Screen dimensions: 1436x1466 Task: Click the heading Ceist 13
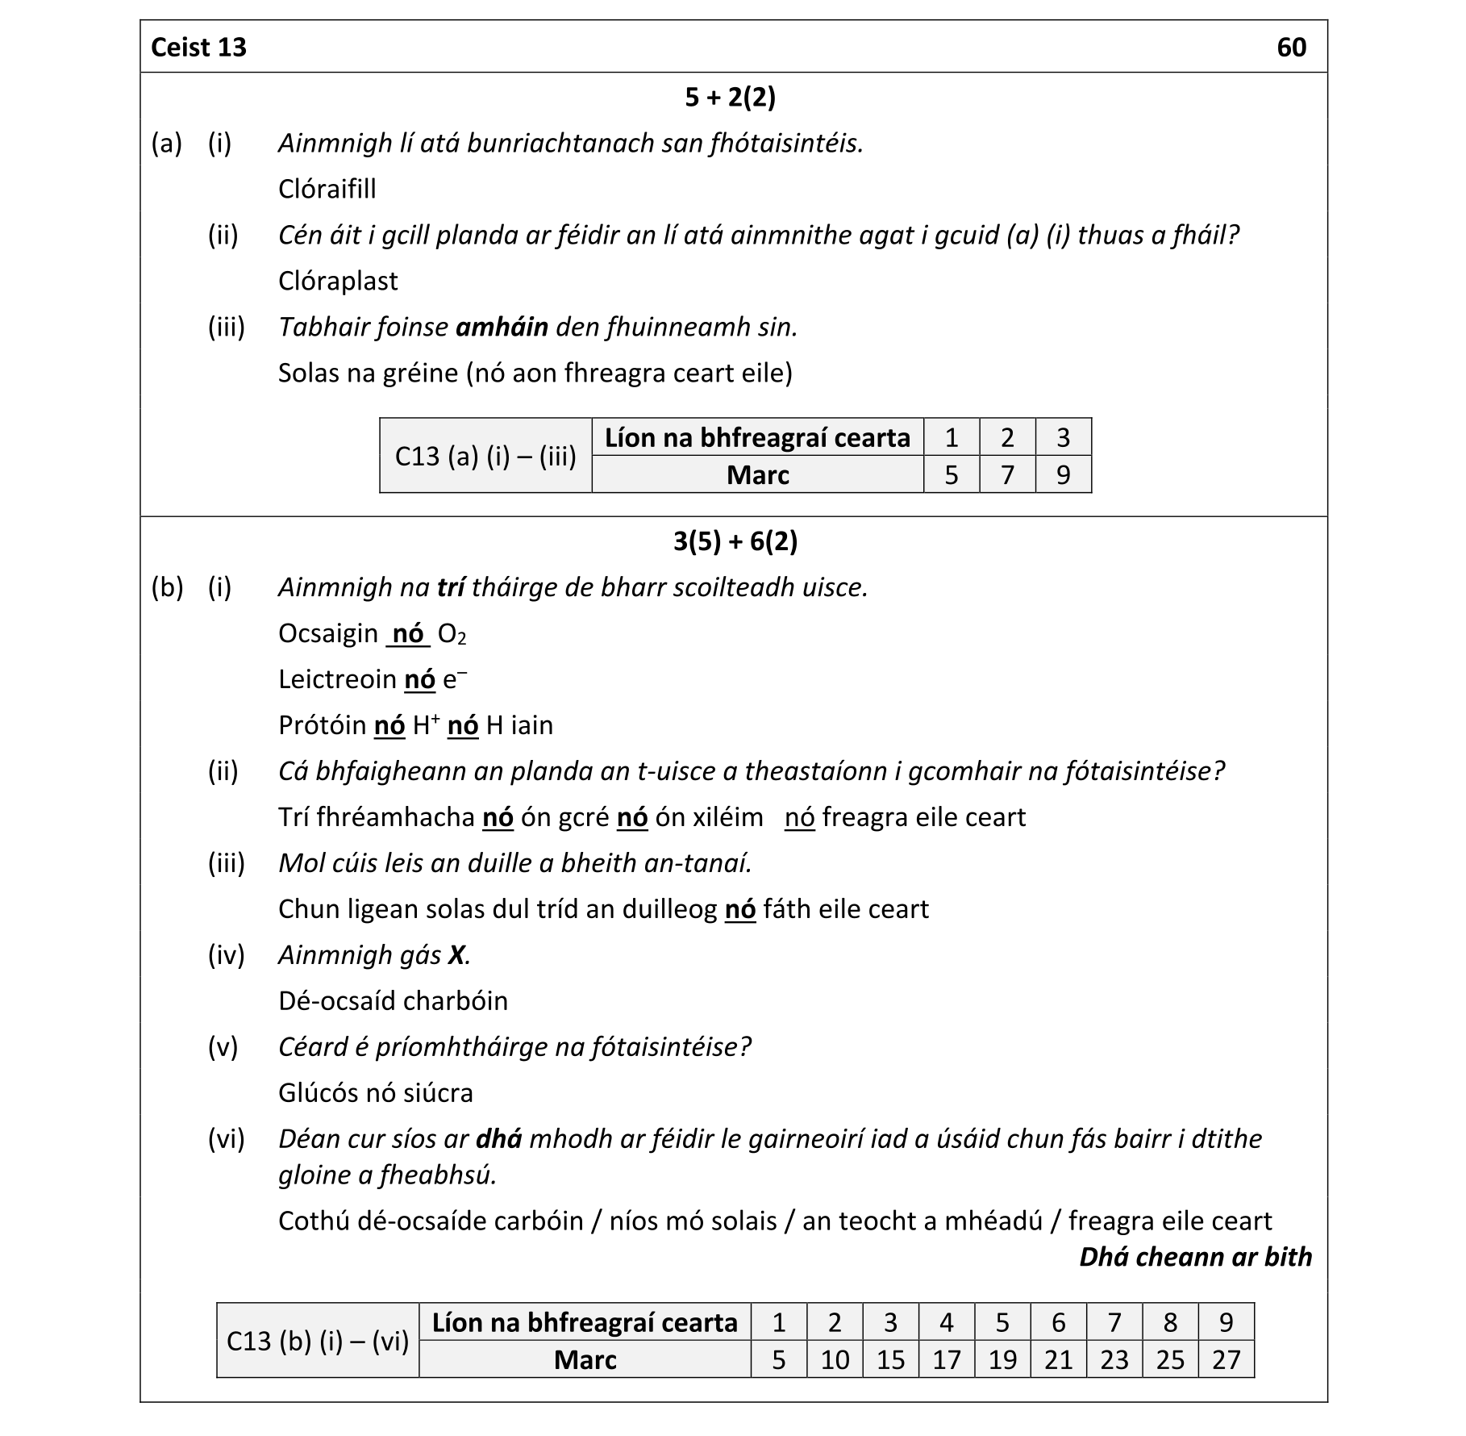[198, 48]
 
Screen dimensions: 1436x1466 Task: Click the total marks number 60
[1291, 48]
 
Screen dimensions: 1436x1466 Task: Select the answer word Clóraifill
[327, 189]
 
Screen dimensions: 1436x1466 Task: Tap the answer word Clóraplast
[337, 281]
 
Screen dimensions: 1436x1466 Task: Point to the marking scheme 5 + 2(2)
[730, 98]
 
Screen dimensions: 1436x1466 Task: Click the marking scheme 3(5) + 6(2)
[735, 541]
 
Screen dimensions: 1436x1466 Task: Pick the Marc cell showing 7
[1007, 475]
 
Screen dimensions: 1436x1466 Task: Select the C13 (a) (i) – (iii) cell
[485, 457]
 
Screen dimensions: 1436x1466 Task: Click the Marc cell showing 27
[1226, 1360]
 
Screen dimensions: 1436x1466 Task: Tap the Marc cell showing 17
[946, 1360]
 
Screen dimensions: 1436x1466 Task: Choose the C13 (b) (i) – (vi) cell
[318, 1342]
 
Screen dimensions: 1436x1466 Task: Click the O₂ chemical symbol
[452, 634]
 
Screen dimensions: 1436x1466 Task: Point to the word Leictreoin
[337, 679]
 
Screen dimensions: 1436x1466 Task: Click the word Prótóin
[322, 725]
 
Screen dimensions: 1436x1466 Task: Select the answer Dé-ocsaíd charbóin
[393, 1001]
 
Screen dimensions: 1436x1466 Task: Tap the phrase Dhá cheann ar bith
[1195, 1257]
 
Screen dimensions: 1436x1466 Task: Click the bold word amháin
[502, 327]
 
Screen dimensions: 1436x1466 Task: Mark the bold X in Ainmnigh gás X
[457, 955]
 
